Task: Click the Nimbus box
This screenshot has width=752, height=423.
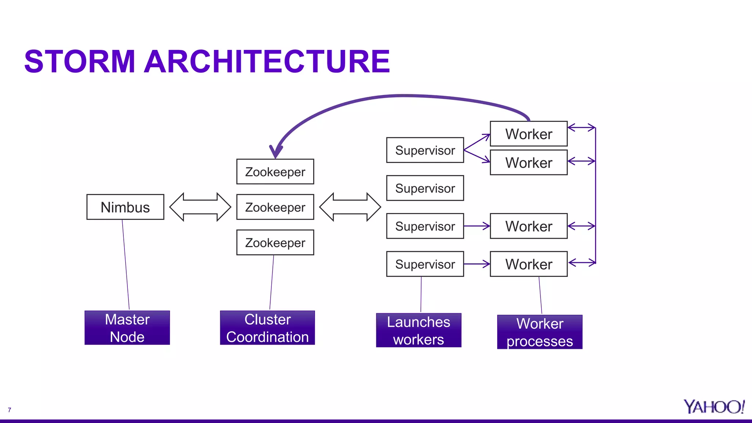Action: [125, 207]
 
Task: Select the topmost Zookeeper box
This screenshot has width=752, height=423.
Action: [275, 172]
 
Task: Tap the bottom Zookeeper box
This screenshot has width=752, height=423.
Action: [275, 243]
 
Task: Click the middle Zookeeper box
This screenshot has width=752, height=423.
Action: [275, 207]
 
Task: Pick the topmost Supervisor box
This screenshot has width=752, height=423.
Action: [425, 150]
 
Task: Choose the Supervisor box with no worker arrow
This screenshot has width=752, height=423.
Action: [425, 188]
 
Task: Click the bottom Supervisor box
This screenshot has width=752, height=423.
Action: [425, 264]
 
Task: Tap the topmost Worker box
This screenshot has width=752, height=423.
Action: [528, 134]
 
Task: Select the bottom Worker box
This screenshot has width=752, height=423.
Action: [528, 264]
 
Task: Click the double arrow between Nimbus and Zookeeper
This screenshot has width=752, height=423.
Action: [200, 207]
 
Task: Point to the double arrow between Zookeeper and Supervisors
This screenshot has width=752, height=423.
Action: [350, 207]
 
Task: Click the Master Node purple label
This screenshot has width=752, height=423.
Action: [127, 328]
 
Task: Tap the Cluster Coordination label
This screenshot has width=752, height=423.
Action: [267, 328]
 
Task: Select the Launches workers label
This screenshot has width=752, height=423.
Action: [419, 330]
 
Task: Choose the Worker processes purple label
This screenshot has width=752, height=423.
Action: [539, 332]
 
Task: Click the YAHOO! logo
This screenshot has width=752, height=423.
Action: [713, 407]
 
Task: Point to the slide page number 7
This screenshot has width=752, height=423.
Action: [10, 410]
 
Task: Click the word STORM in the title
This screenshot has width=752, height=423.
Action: [80, 62]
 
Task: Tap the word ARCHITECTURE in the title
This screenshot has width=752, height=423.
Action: [267, 62]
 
